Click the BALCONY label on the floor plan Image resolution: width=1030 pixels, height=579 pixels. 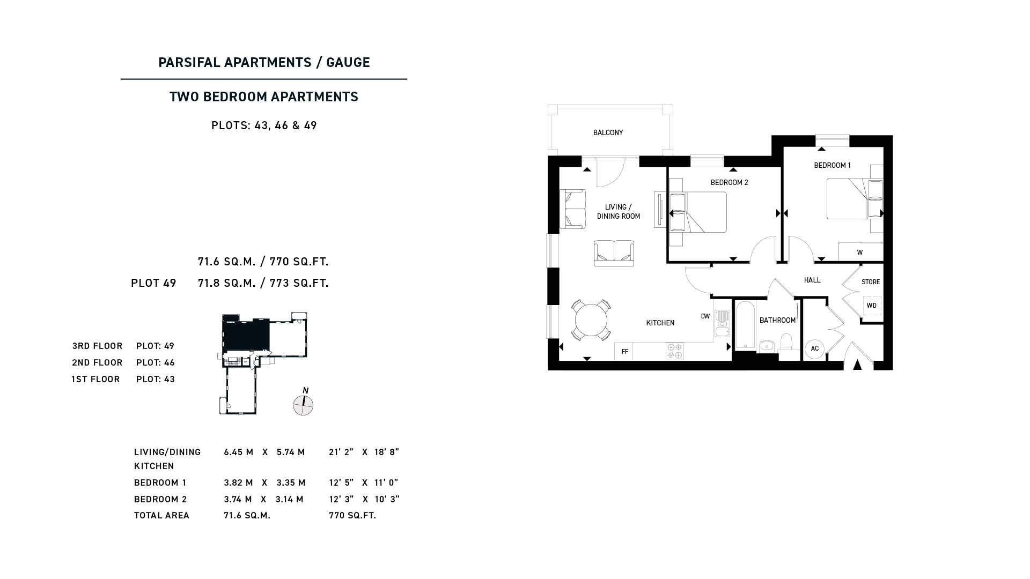(608, 132)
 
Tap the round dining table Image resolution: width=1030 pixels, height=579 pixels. (591, 320)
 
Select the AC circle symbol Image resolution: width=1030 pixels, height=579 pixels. (814, 349)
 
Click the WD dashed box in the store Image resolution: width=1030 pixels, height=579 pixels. (872, 306)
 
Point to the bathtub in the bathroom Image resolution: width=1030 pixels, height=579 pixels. (745, 325)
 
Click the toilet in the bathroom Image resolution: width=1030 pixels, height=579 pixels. (786, 343)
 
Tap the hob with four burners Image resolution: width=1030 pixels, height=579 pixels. (675, 351)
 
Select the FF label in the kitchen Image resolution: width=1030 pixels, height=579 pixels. (625, 352)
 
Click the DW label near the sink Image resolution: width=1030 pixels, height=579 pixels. (705, 316)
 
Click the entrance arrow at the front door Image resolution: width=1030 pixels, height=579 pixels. (857, 365)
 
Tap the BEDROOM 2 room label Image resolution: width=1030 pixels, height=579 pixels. (729, 183)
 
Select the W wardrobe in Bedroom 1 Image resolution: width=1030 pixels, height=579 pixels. (860, 252)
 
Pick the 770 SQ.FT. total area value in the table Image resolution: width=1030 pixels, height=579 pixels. (352, 515)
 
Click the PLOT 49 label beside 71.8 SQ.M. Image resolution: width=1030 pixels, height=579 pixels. (153, 283)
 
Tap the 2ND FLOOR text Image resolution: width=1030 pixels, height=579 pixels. (97, 362)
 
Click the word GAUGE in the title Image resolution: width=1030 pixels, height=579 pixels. (348, 62)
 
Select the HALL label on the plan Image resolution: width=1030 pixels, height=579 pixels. (812, 280)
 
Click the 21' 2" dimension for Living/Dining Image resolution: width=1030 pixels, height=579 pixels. (341, 452)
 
